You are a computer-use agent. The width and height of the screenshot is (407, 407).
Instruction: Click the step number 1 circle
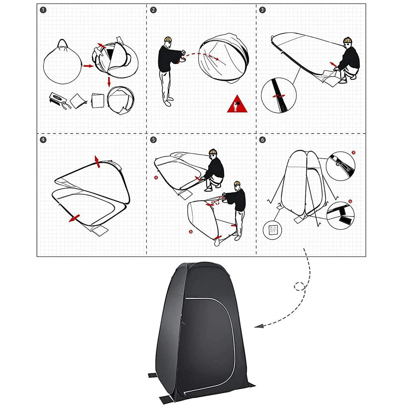coord(43,10)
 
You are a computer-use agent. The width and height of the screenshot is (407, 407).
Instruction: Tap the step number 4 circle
coord(43,140)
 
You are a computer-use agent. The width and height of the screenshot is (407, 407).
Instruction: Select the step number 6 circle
coord(262,140)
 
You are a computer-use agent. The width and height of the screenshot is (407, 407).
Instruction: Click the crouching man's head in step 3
coord(347,42)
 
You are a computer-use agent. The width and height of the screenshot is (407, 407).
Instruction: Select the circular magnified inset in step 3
coord(278,96)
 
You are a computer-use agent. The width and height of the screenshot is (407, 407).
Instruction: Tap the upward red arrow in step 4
coord(97,161)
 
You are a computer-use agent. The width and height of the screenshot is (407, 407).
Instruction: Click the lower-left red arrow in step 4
coord(74,219)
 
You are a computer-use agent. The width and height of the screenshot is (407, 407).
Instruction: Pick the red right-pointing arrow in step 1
coord(86,65)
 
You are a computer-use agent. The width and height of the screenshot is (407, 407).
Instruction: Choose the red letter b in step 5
coord(190,232)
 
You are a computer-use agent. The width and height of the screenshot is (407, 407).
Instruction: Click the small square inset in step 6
coord(271,231)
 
